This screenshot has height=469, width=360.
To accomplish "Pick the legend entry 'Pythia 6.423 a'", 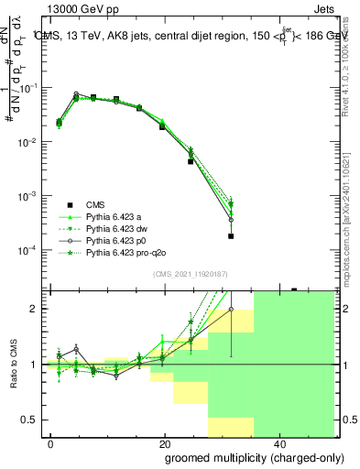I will (x=115, y=216).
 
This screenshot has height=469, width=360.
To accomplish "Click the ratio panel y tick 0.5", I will (x=30, y=420).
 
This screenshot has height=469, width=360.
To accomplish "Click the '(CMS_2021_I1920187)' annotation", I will (x=189, y=273).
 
